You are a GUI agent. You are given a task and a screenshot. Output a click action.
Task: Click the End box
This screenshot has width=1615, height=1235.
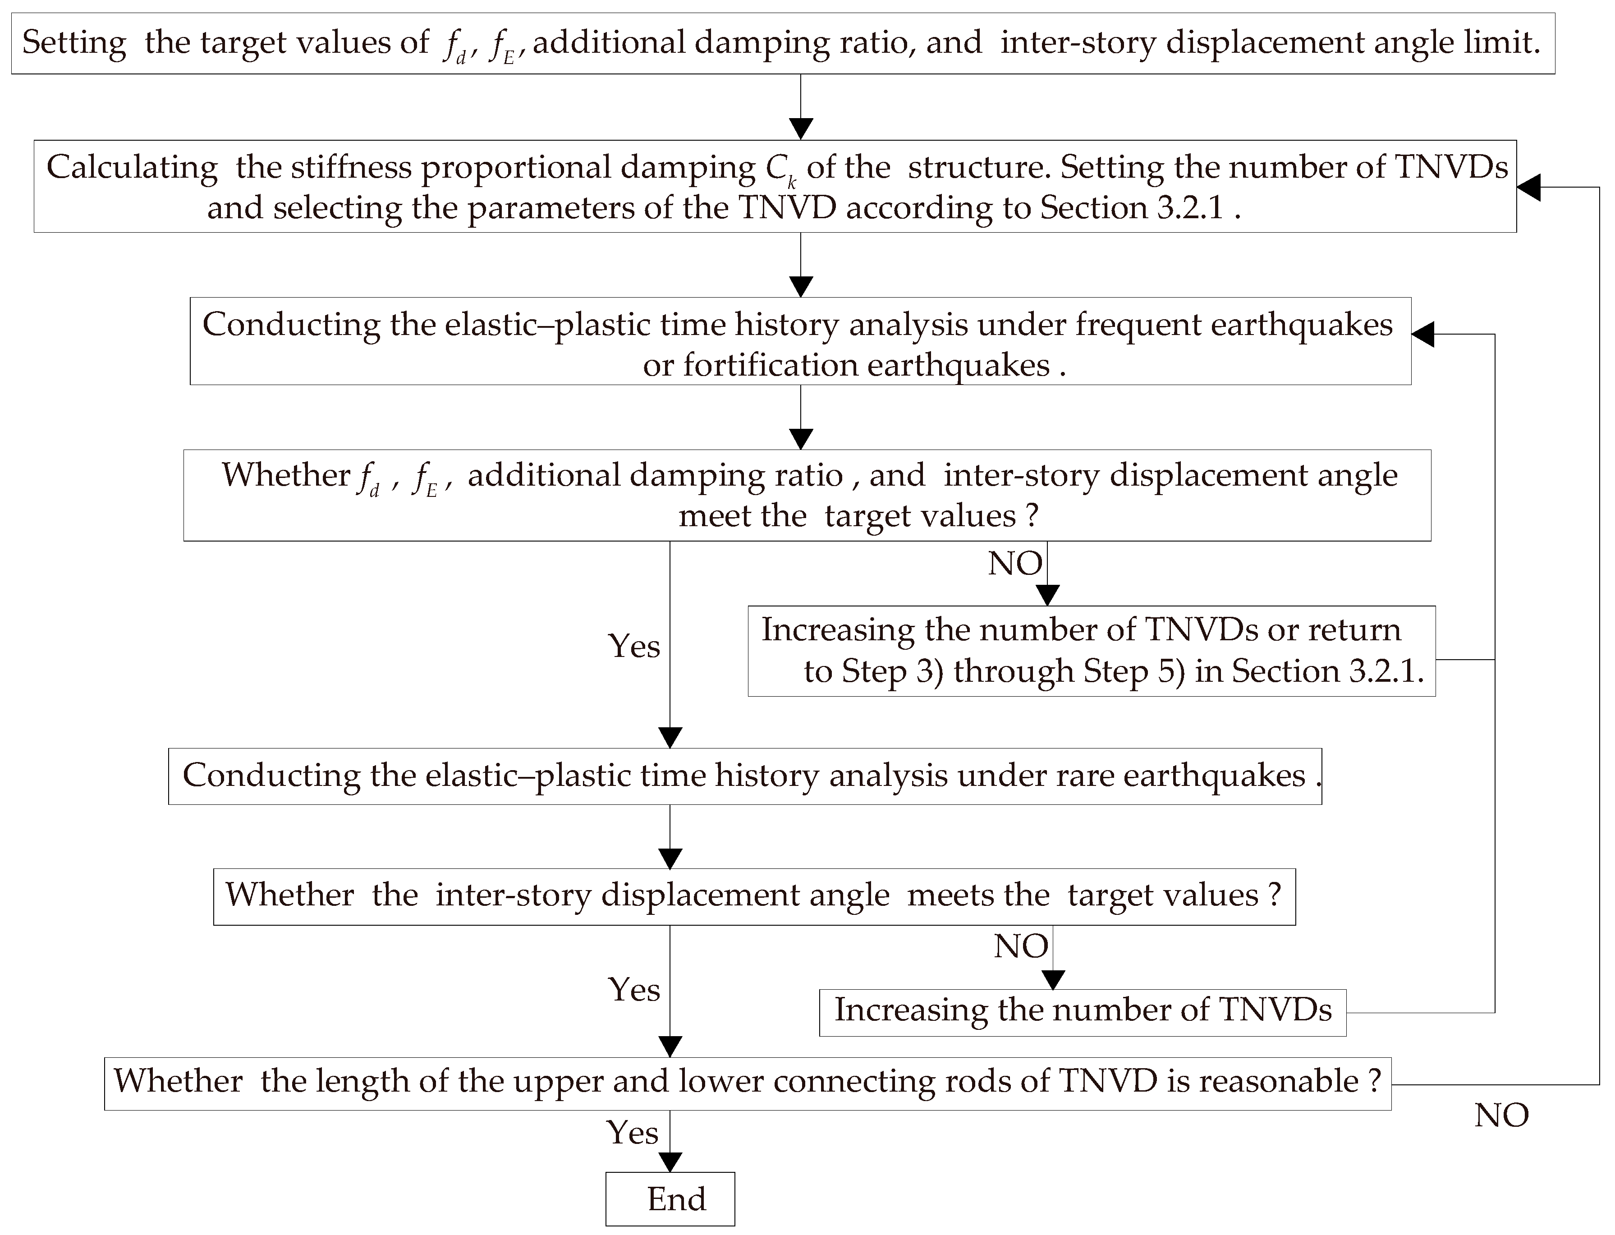[670, 1199]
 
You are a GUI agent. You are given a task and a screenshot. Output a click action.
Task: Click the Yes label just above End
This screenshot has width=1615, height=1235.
[632, 1132]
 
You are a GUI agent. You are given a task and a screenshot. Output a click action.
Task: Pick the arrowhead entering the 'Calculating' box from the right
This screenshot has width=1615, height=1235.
[1528, 188]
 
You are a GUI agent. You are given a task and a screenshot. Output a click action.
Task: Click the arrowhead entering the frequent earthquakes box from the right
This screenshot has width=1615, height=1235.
[1422, 335]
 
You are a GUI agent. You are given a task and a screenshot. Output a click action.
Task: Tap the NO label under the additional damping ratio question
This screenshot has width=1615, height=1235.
[1014, 564]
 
